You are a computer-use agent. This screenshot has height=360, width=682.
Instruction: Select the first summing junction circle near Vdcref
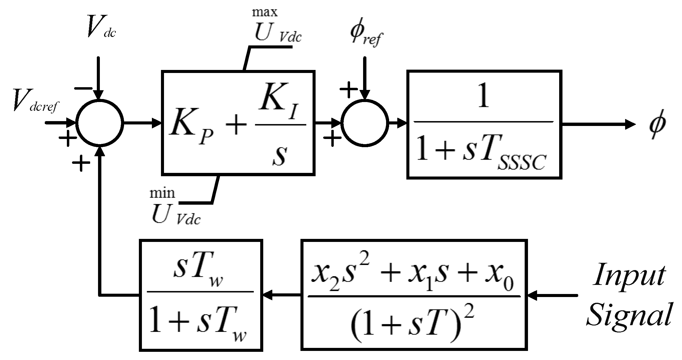(100, 123)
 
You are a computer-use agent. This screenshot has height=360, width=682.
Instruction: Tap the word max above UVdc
(264, 12)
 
